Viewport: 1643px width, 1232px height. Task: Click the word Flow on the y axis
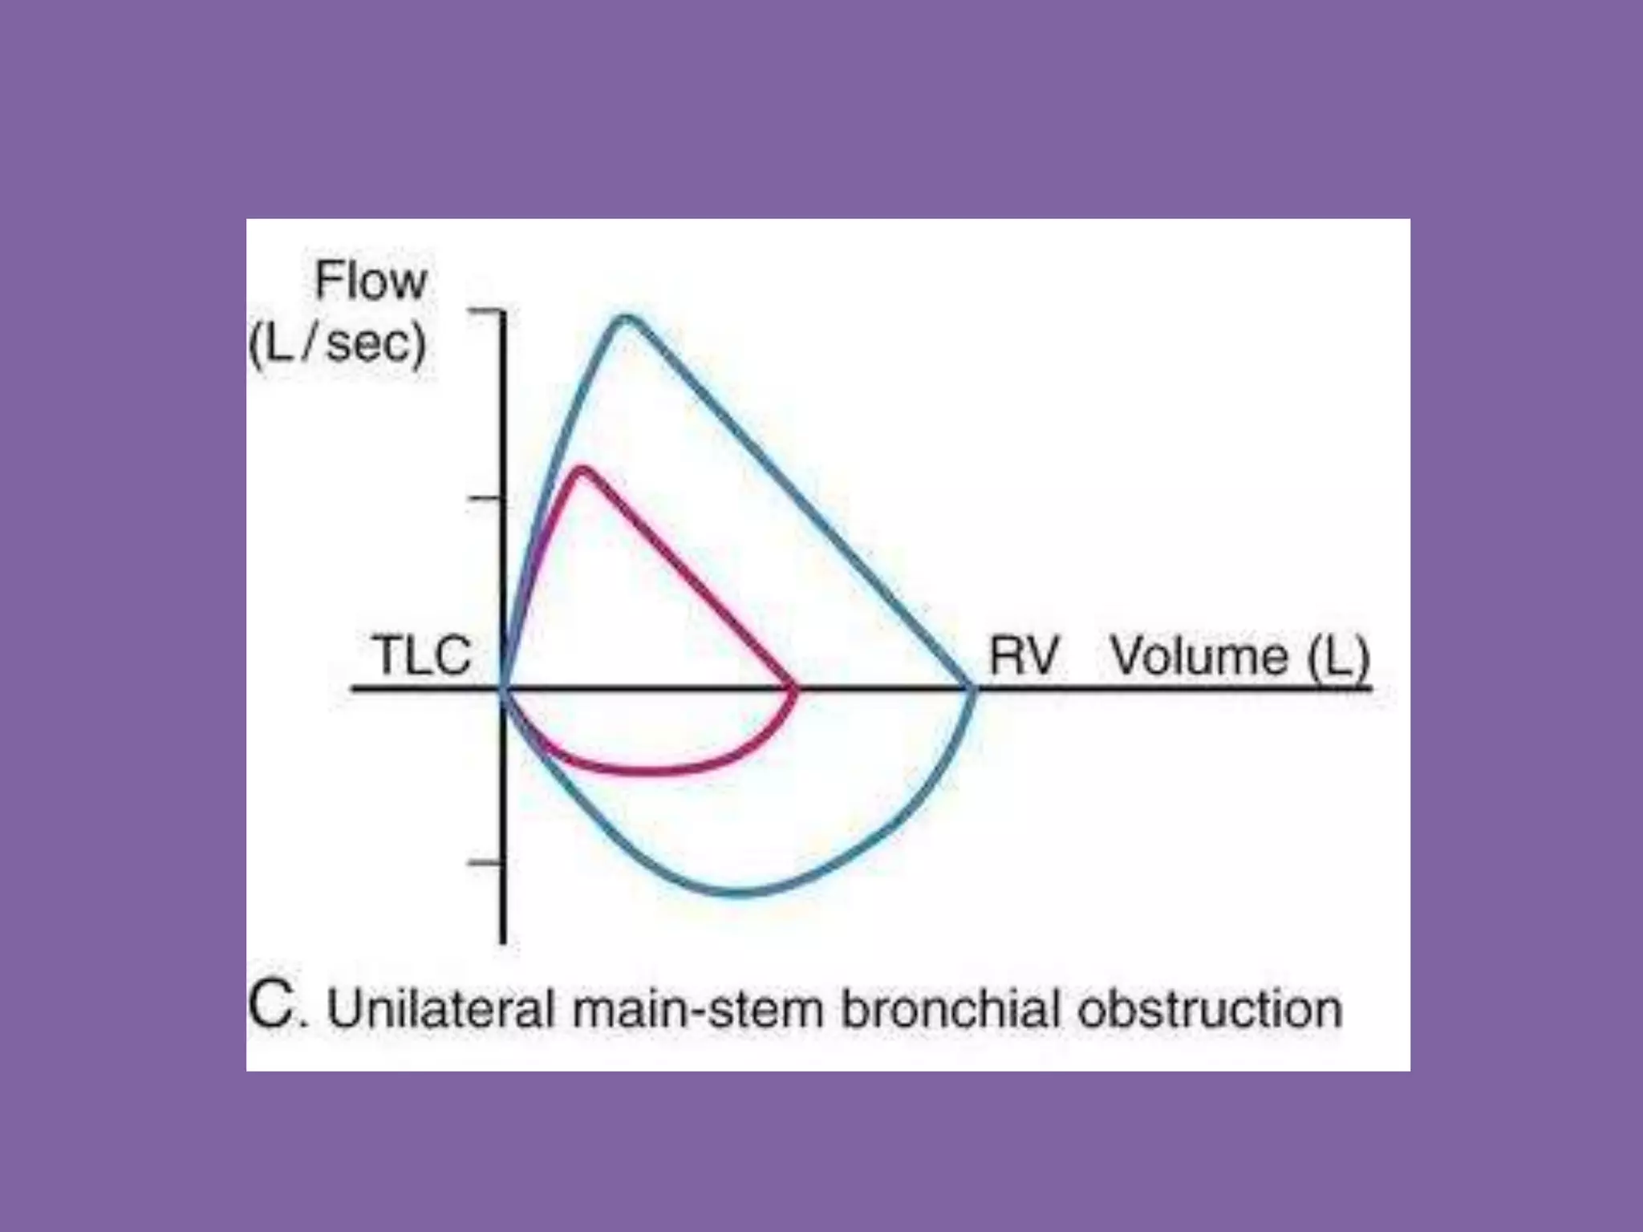tap(371, 282)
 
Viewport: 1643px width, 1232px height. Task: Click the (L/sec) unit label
tap(338, 344)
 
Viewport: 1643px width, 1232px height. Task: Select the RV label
tap(1024, 655)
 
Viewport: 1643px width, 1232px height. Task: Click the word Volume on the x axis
tap(1199, 657)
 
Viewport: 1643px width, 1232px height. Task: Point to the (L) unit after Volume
tap(1338, 659)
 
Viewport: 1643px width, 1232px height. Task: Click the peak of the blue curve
tap(626, 318)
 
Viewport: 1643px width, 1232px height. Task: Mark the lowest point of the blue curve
tap(742, 892)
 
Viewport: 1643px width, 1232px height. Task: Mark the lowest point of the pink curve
tap(646, 772)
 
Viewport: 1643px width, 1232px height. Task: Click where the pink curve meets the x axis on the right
tap(794, 689)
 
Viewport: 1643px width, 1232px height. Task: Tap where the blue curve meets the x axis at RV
tap(972, 689)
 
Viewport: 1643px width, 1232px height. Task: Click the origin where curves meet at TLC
tap(503, 689)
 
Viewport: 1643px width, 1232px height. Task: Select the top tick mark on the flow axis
tap(485, 311)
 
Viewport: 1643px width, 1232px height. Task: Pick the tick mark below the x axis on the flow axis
tap(485, 864)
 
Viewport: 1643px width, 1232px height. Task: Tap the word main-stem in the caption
tap(698, 1009)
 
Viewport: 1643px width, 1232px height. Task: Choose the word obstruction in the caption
tap(1210, 1009)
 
